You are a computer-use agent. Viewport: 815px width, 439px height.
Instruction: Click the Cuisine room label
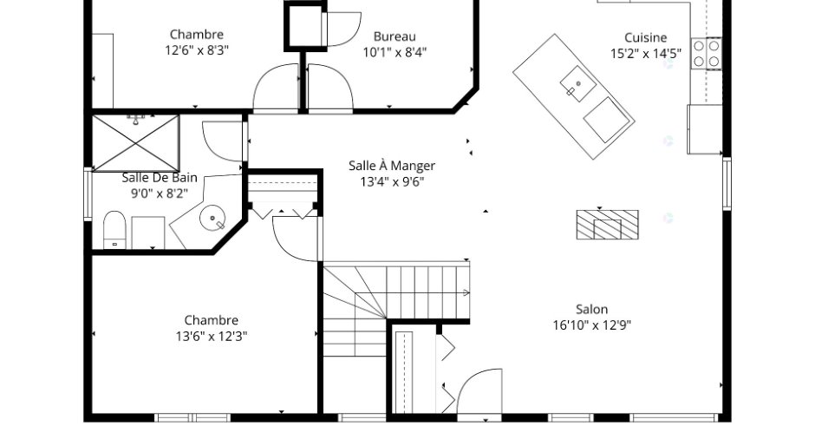(646, 38)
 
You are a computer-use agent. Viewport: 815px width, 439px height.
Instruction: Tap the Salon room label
(591, 310)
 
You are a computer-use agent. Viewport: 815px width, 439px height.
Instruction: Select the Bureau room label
(394, 37)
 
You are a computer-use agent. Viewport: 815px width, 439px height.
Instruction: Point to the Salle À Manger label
(392, 166)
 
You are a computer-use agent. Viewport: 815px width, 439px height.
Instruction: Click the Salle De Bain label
(160, 177)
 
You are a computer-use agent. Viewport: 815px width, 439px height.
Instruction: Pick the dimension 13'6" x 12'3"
(212, 337)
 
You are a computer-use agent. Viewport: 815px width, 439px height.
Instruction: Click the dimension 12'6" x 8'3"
(197, 50)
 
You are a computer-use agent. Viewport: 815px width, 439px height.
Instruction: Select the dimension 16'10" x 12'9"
(592, 325)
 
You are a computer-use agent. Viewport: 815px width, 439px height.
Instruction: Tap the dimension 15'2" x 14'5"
(646, 54)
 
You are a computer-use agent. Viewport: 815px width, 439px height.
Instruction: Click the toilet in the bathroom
(114, 229)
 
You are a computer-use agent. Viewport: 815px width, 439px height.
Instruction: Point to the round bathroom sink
(212, 217)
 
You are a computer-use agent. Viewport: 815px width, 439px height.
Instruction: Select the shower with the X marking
(135, 143)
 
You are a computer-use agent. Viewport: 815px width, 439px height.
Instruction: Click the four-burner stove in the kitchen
(707, 54)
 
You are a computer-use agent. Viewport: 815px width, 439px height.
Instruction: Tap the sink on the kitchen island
(578, 82)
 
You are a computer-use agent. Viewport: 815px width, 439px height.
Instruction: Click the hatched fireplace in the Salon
(608, 225)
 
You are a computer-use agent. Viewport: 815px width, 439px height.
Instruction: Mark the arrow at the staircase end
(466, 293)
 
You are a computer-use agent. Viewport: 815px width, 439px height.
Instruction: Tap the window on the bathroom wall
(88, 194)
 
